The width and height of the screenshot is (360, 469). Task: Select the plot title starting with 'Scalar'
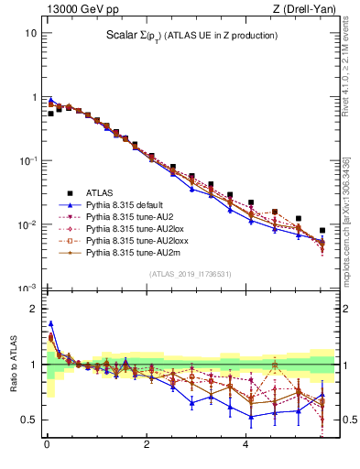click(x=191, y=36)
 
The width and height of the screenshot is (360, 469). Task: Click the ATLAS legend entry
click(x=99, y=192)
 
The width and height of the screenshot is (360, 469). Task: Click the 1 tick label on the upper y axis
click(x=33, y=97)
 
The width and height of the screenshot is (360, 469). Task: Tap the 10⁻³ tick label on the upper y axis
click(x=27, y=289)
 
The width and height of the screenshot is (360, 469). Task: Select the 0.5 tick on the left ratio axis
click(x=28, y=420)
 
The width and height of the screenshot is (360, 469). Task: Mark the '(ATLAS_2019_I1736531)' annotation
click(x=191, y=274)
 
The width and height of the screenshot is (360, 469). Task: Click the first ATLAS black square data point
click(x=50, y=114)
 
